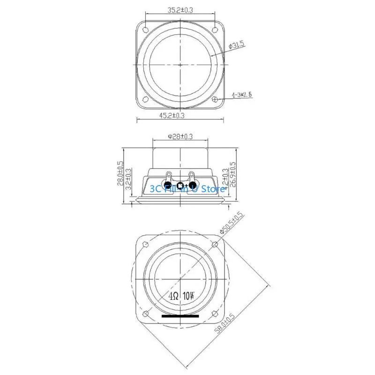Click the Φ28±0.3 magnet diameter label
point(180,136)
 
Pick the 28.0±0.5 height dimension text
point(120,174)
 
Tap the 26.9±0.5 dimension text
point(233,174)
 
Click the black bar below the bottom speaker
point(180,316)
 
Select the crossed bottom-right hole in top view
point(215,99)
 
